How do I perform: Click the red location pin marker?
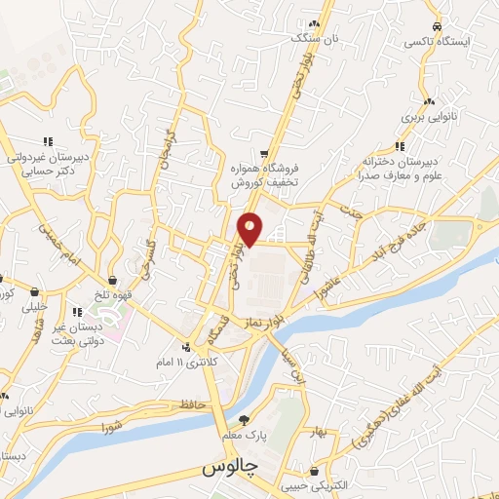250,228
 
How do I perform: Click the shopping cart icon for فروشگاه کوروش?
264,154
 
